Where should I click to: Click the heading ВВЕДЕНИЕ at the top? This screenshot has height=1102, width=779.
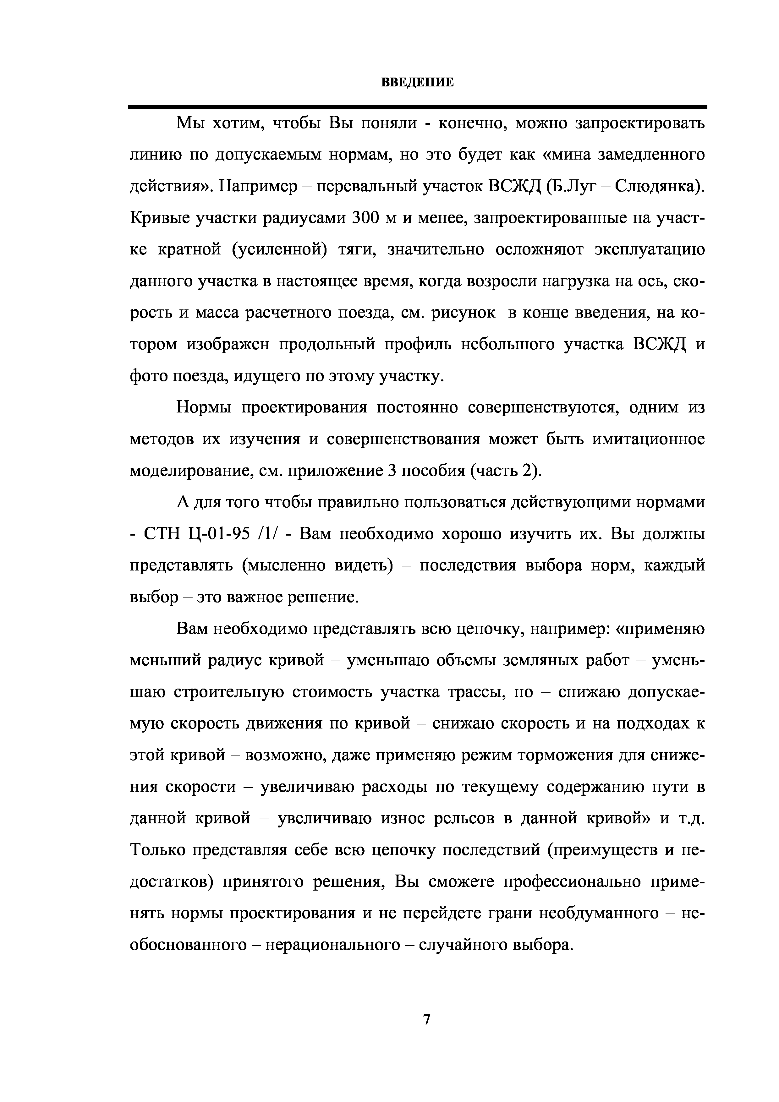tap(417, 83)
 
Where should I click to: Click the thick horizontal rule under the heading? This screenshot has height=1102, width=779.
tap(417, 106)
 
